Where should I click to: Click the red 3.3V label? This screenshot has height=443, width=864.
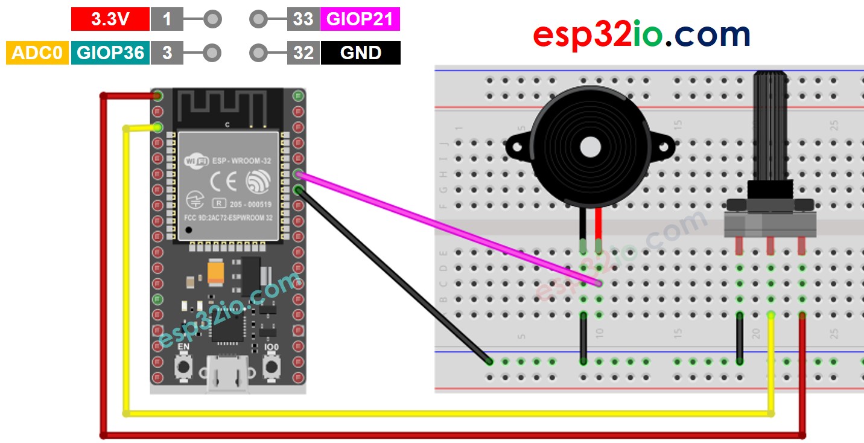click(110, 19)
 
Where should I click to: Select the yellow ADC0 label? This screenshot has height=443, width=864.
click(37, 53)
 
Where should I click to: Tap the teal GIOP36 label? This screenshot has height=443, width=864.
click(110, 53)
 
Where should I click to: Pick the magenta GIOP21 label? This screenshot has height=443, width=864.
click(360, 19)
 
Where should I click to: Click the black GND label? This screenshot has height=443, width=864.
click(360, 53)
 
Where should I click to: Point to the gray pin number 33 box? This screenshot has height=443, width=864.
click(303, 19)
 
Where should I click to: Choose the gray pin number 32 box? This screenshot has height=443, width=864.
click(303, 53)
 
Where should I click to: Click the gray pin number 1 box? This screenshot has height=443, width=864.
click(167, 19)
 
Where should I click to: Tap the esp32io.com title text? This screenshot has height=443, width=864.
click(641, 36)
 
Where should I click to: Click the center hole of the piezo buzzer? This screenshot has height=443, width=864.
click(589, 147)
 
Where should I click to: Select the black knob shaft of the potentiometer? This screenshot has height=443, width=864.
click(770, 127)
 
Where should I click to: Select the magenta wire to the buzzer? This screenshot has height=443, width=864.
click(446, 229)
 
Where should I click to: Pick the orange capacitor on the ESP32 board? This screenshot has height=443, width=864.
click(217, 272)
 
